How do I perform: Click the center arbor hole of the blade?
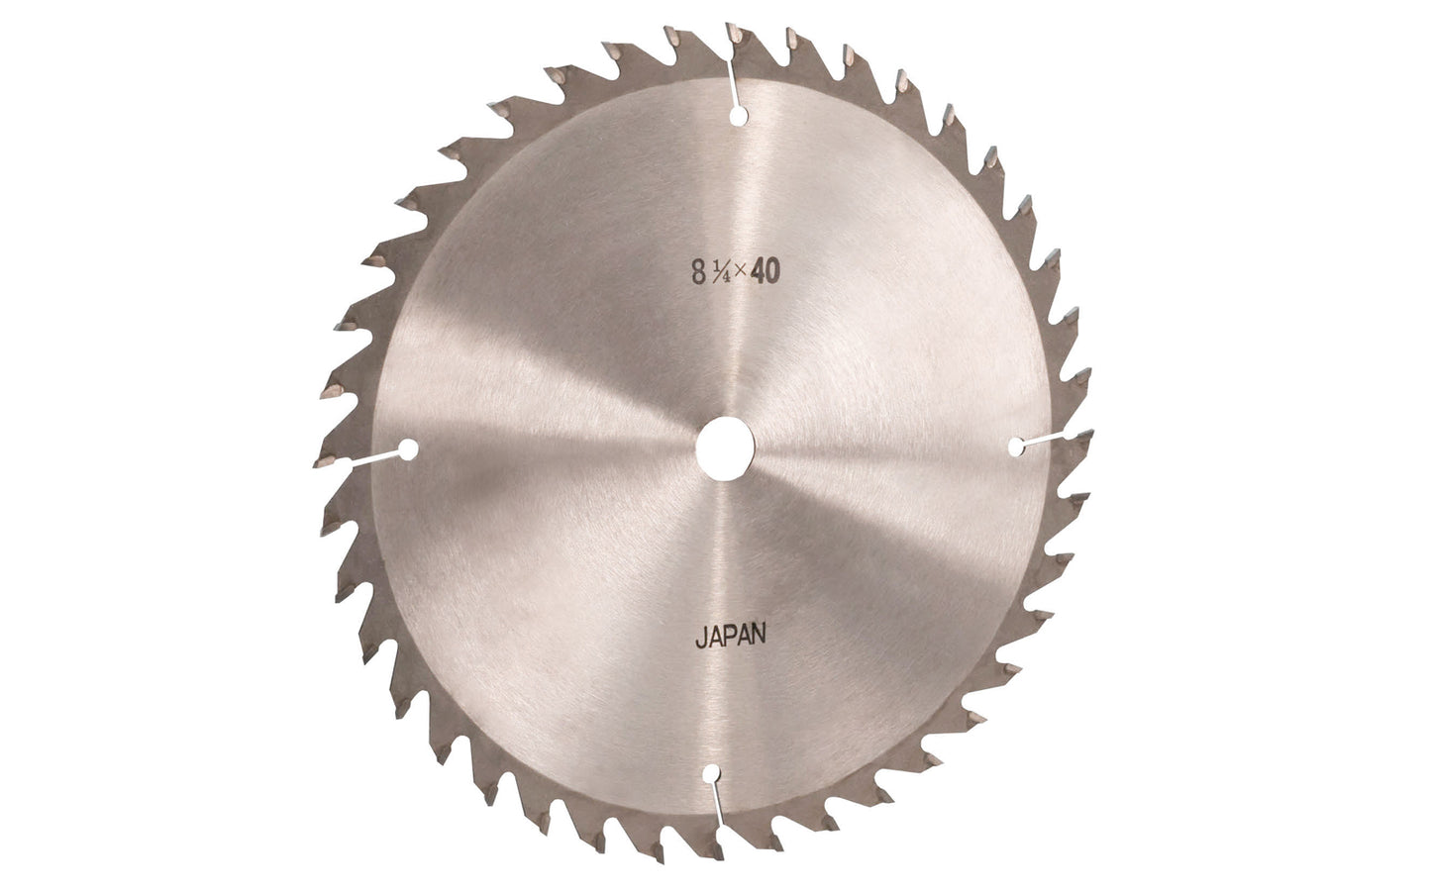coord(725,448)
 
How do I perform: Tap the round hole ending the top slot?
coord(738,116)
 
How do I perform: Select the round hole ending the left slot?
coord(408,450)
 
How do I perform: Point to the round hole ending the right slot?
coord(1016,447)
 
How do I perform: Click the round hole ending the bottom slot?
coord(711,774)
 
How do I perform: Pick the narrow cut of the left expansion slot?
coord(373,457)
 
